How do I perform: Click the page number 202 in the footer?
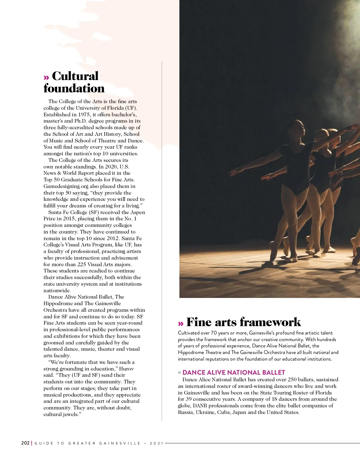25,443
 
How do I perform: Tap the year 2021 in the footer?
157,443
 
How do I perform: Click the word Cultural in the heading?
75,76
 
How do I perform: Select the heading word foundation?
74,88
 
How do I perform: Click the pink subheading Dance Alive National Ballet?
233,372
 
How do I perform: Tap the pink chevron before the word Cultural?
46,77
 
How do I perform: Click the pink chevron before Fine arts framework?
181,323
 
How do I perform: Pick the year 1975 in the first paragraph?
84,115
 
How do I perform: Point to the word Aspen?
138,212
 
